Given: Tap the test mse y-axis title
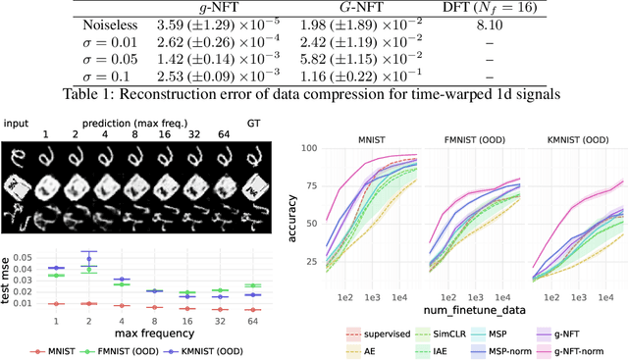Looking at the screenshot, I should click(10, 276).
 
